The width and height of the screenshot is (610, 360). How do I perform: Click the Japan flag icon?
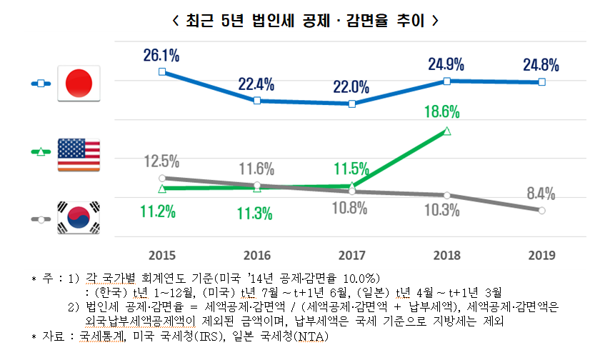coord(78,84)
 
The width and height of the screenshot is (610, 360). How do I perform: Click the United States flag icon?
coord(78,152)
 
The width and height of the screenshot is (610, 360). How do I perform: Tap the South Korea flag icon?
coord(78,219)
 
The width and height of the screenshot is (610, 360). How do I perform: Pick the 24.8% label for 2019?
coord(541,66)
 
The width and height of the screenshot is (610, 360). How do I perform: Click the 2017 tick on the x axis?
coord(351,254)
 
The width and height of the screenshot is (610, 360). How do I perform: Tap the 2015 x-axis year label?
coord(162,254)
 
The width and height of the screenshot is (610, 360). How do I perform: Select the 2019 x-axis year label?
coord(541,254)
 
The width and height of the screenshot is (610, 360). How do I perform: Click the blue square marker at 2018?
coord(446,81)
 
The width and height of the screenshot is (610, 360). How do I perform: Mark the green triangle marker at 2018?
coord(446,131)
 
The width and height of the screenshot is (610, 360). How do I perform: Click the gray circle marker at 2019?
coord(541,210)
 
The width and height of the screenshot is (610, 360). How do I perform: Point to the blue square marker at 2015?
coord(162,71)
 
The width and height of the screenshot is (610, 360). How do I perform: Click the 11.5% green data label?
coord(351,169)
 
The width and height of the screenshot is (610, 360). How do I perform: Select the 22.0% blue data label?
coord(351,87)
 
